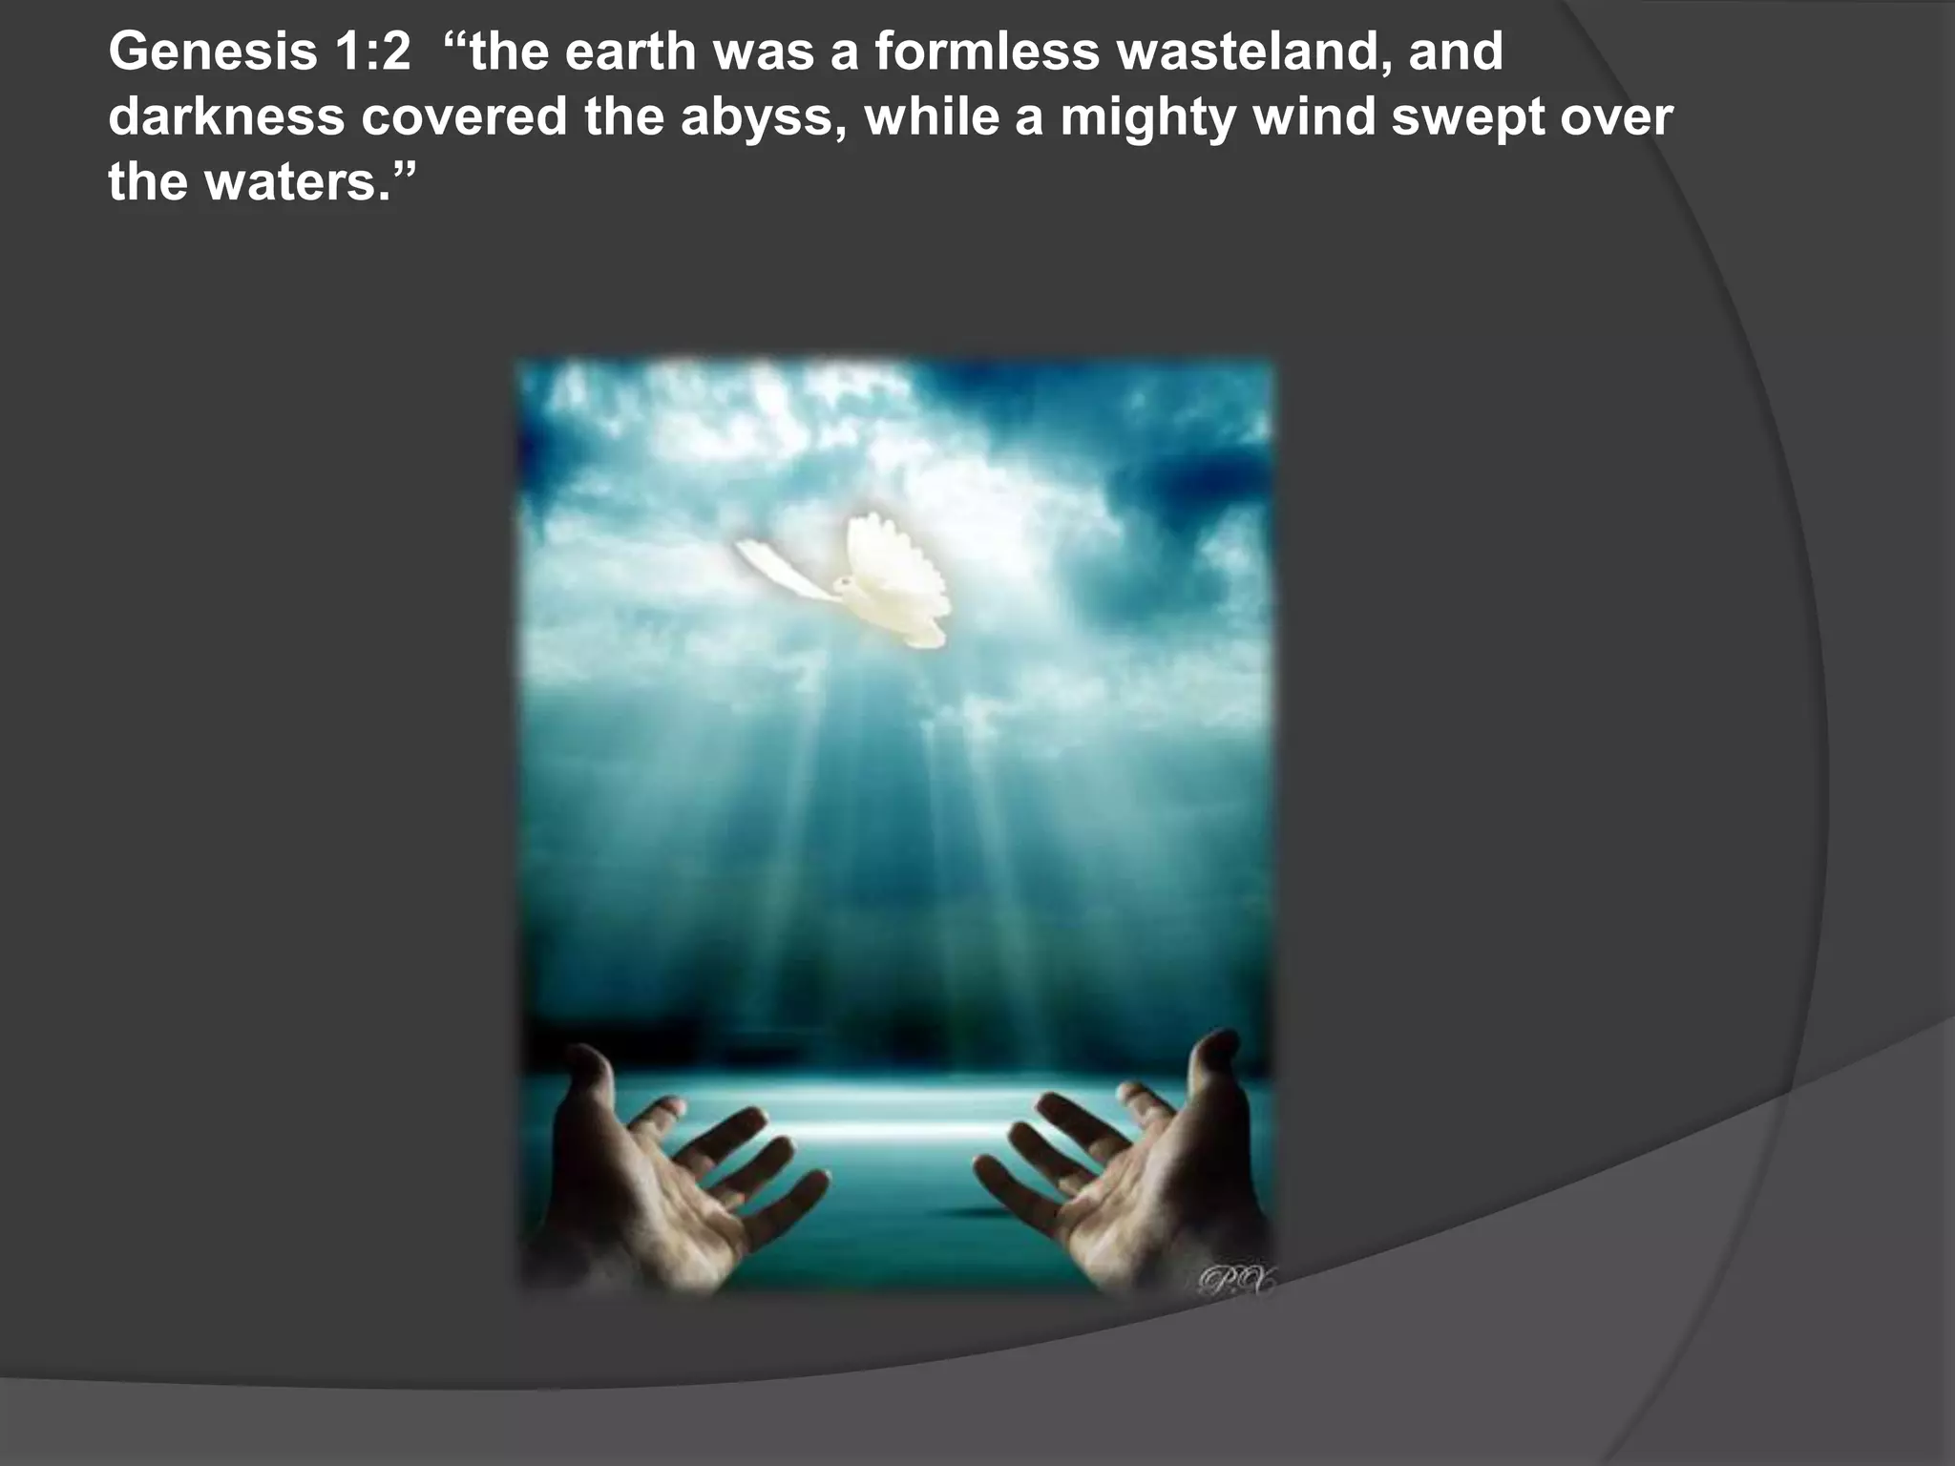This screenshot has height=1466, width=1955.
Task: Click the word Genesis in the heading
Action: (212, 52)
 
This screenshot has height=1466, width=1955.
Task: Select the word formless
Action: (987, 52)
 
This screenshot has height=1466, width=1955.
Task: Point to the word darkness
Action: (226, 116)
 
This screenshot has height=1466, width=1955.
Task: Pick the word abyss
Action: (764, 118)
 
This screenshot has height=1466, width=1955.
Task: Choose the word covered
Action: (464, 116)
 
